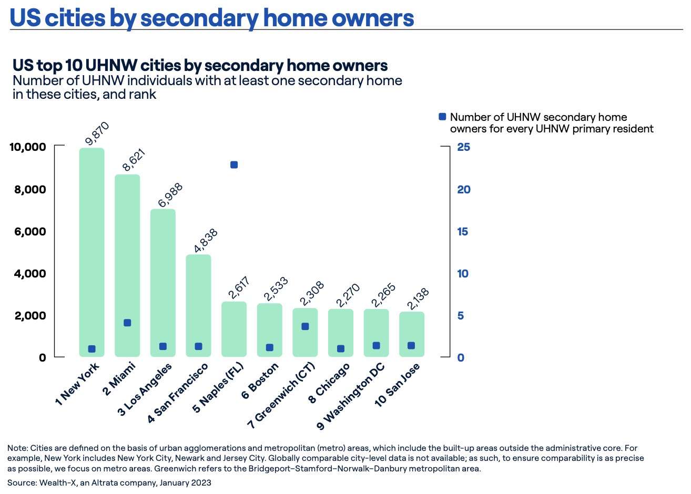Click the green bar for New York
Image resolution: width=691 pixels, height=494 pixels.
click(x=92, y=252)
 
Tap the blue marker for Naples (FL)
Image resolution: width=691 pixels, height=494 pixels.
click(x=234, y=165)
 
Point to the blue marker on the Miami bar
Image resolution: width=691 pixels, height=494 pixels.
click(x=127, y=323)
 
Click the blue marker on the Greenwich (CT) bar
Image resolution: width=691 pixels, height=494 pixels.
click(x=305, y=326)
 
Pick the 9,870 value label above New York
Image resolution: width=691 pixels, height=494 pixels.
click(x=97, y=133)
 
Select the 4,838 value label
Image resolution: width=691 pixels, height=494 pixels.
click(x=206, y=241)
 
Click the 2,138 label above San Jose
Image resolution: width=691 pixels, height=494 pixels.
click(x=418, y=299)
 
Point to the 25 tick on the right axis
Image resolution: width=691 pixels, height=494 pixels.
click(x=463, y=147)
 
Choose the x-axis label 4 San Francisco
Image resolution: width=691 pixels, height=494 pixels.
click(x=179, y=392)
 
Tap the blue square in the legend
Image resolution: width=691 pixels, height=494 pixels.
click(x=442, y=117)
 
